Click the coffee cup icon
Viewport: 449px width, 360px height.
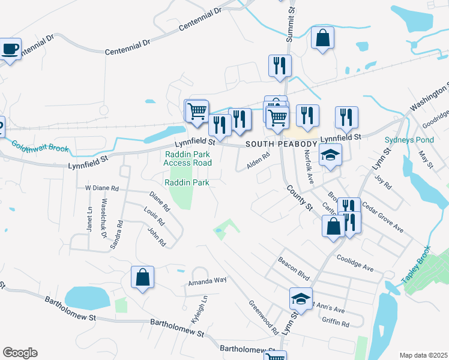tap(10, 49)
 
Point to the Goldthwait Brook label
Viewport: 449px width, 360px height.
tap(40, 147)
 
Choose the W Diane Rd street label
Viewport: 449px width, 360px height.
tap(102, 188)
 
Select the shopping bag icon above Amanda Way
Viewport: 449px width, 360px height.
tap(142, 278)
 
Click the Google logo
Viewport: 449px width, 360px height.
tap(20, 353)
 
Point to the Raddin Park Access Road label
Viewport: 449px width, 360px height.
tap(188, 158)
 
